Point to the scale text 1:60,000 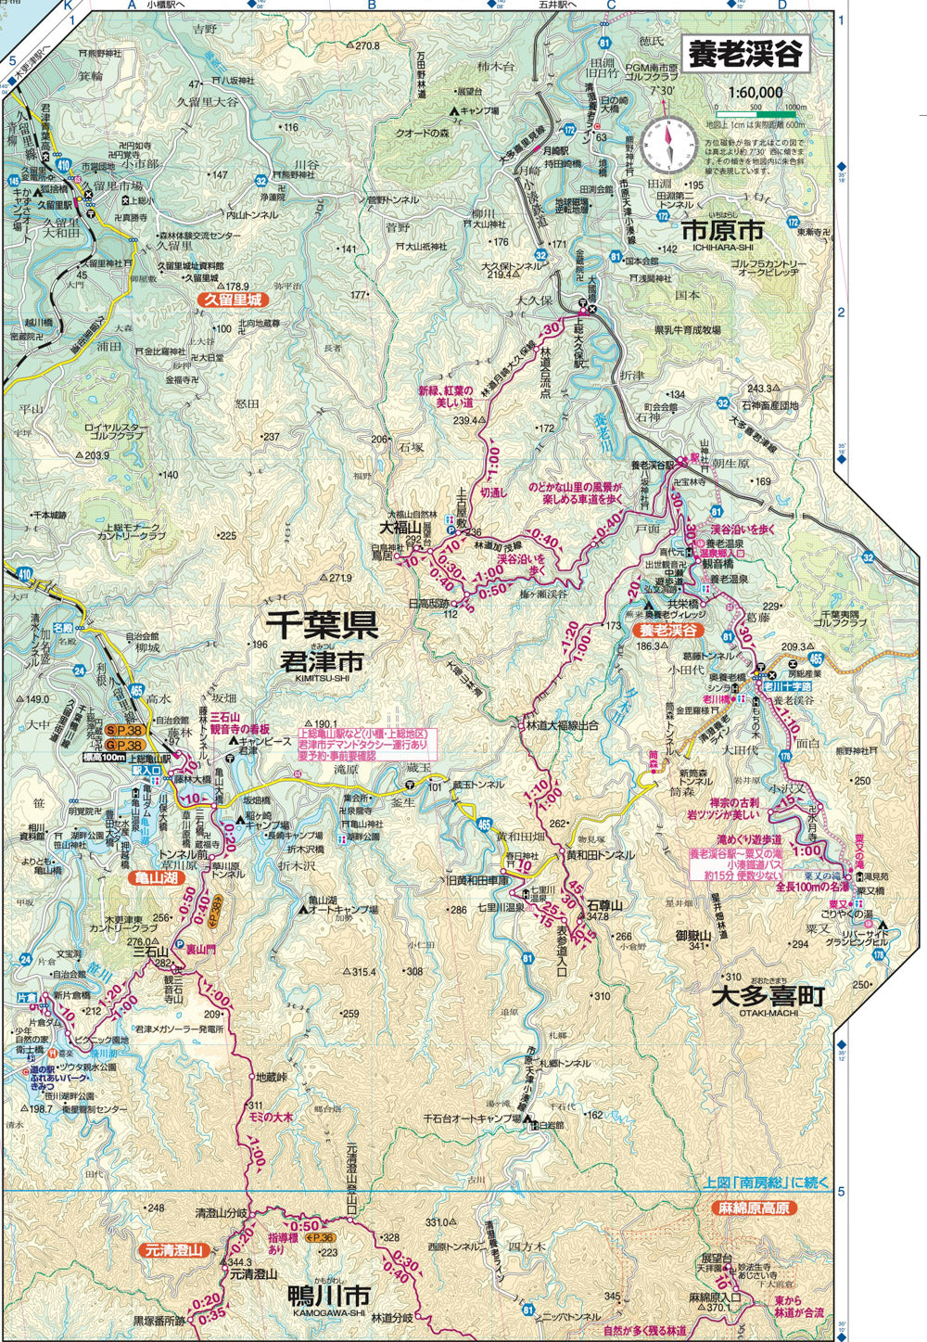pyautogui.click(x=755, y=93)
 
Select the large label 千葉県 pyautogui.click(x=322, y=625)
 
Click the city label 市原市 pyautogui.click(x=722, y=230)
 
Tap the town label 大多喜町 pyautogui.click(x=768, y=996)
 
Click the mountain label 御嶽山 pyautogui.click(x=692, y=935)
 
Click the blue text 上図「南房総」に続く pyautogui.click(x=767, y=1183)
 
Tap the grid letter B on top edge pyautogui.click(x=371, y=6)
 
